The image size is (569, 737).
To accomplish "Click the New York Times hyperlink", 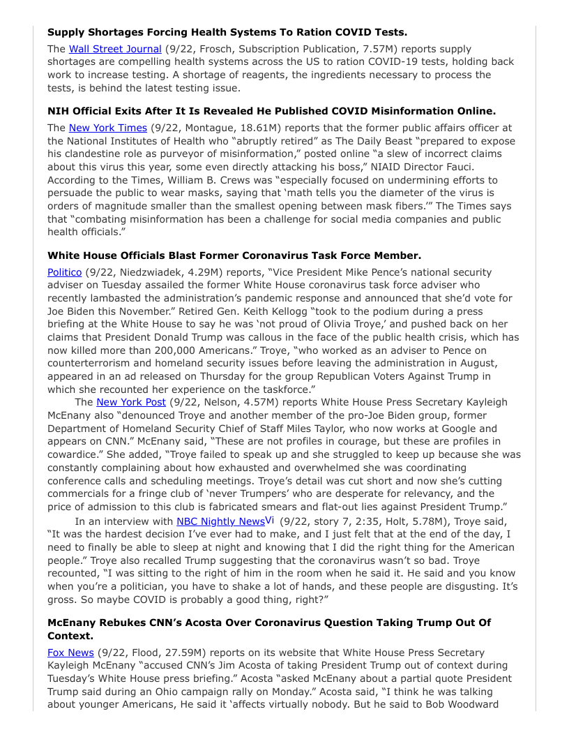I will [107, 128].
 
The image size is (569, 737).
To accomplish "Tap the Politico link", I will [64, 272].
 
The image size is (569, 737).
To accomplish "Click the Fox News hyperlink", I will [70, 653].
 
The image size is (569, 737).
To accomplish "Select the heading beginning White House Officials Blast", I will [234, 255].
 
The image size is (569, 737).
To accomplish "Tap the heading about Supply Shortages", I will [227, 32].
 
